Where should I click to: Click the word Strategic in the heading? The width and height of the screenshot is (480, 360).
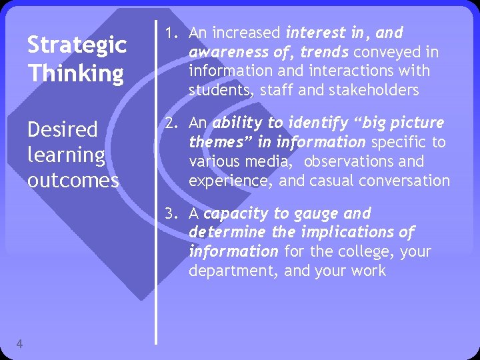coord(76,45)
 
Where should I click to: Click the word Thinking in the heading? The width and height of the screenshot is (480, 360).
coord(75,72)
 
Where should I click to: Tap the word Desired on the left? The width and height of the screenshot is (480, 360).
coord(62,129)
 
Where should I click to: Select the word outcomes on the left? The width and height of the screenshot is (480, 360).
coord(73,180)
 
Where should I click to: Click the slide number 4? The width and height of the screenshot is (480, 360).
coord(19,343)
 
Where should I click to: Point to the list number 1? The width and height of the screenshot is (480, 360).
coord(170,32)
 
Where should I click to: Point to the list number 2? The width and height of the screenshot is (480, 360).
coord(171,123)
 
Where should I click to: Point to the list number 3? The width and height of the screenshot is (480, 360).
coord(171,214)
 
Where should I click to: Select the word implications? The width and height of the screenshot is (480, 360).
coord(348,233)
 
